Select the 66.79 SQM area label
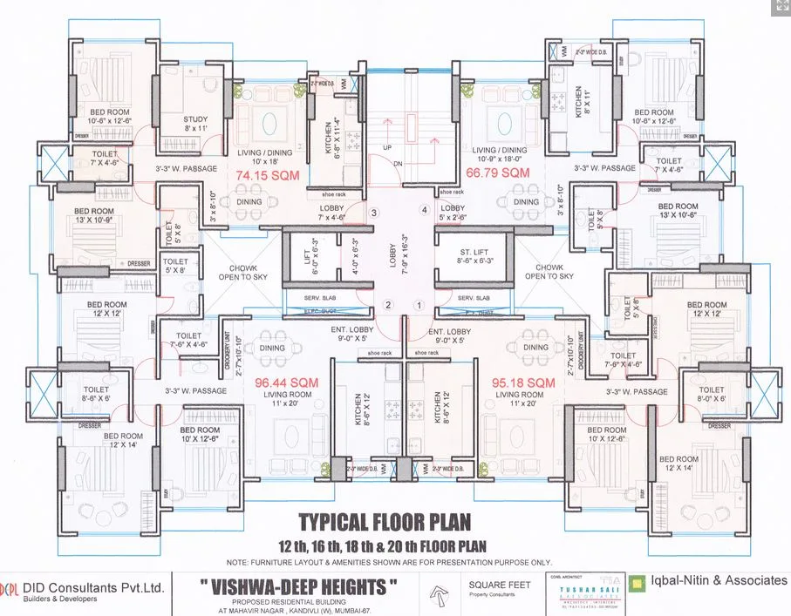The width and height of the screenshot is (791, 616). (499, 173)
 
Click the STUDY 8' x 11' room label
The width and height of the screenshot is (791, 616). (195, 124)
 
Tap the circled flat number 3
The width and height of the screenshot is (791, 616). (373, 213)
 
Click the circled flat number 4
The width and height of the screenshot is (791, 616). (425, 211)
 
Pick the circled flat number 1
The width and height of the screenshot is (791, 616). (419, 305)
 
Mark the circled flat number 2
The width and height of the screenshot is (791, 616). (390, 304)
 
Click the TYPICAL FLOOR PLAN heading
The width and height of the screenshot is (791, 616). (385, 522)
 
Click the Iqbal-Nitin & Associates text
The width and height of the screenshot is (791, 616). (719, 581)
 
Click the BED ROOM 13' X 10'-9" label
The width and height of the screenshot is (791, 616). (94, 216)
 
